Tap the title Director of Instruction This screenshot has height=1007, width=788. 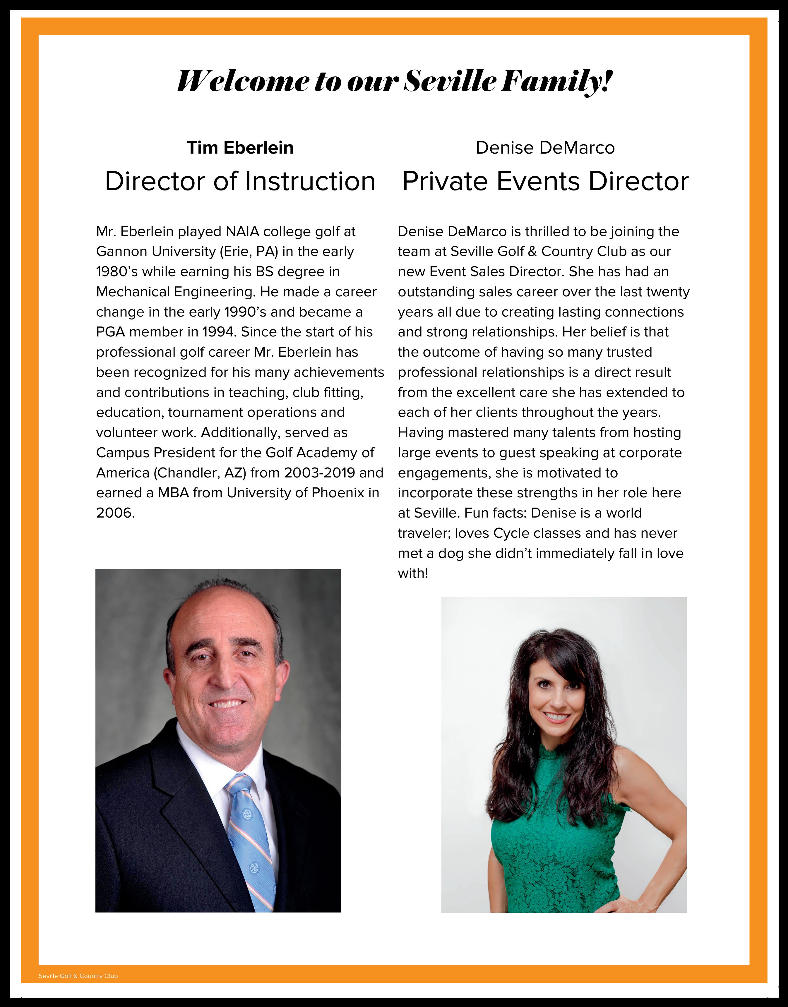tap(240, 181)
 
